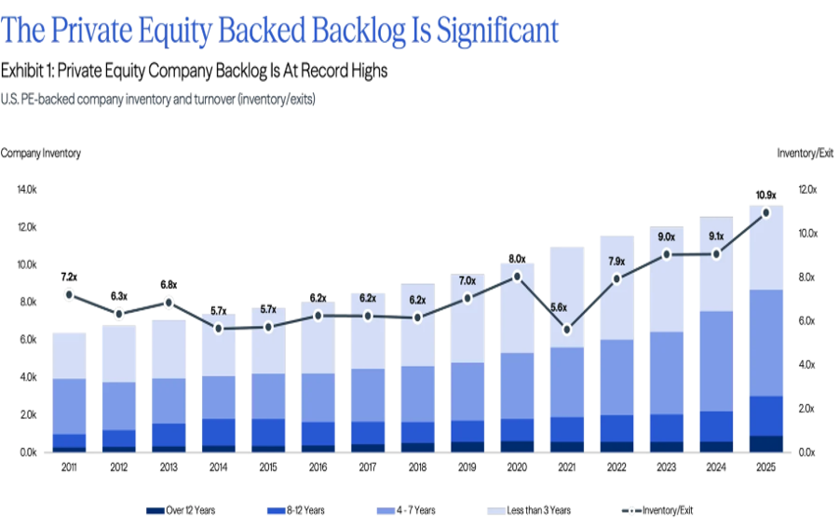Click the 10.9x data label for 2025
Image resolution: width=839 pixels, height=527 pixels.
765,195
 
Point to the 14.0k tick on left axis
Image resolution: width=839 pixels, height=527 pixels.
26,190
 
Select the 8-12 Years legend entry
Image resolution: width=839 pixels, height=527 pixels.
295,510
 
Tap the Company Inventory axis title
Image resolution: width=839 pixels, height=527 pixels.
40,152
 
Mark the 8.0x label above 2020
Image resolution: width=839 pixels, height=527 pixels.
517,259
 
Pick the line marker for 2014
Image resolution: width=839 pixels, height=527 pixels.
218,329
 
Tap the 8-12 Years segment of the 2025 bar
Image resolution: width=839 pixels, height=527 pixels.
765,415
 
